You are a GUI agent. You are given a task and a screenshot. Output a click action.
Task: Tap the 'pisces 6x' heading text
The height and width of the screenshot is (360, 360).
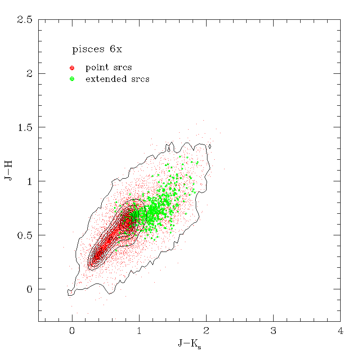pyautogui.click(x=97, y=49)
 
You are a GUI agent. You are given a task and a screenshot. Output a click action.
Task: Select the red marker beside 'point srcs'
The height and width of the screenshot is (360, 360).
pyautogui.click(x=72, y=68)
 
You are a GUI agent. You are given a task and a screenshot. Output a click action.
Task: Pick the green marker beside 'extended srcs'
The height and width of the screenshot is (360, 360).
pyautogui.click(x=72, y=79)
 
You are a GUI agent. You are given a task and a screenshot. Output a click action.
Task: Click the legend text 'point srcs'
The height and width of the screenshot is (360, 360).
pyautogui.click(x=108, y=68)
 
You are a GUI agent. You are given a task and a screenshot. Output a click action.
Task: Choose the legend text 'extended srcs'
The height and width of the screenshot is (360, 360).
pyautogui.click(x=117, y=79)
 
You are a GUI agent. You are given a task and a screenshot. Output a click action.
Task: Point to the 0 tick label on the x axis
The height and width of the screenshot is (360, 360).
pyautogui.click(x=72, y=332)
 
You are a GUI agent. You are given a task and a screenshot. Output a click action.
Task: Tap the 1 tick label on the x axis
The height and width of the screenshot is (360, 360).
pyautogui.click(x=139, y=332)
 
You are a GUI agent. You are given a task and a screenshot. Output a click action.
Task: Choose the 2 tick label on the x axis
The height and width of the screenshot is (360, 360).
pyautogui.click(x=206, y=332)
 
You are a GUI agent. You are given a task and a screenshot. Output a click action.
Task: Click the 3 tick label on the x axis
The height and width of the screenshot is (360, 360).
pyautogui.click(x=273, y=332)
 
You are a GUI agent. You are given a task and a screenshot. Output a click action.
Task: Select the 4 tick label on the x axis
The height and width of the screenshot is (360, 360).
pyautogui.click(x=340, y=332)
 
